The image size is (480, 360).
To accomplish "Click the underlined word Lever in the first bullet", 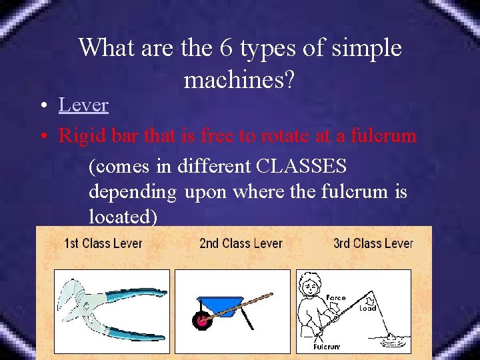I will tap(83, 105).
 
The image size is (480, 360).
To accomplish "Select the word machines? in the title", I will tap(239, 80).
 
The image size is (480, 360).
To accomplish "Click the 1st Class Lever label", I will tap(103, 243).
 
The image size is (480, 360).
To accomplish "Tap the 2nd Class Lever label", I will tap(241, 243).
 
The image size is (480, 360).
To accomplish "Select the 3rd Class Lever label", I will tap(373, 243).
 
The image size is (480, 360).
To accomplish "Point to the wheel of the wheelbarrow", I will tap(202, 321).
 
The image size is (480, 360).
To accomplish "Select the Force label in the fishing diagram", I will tap(336, 298).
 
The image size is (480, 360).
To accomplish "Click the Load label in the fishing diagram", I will tap(367, 308).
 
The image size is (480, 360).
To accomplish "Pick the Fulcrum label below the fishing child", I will tap(327, 347).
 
